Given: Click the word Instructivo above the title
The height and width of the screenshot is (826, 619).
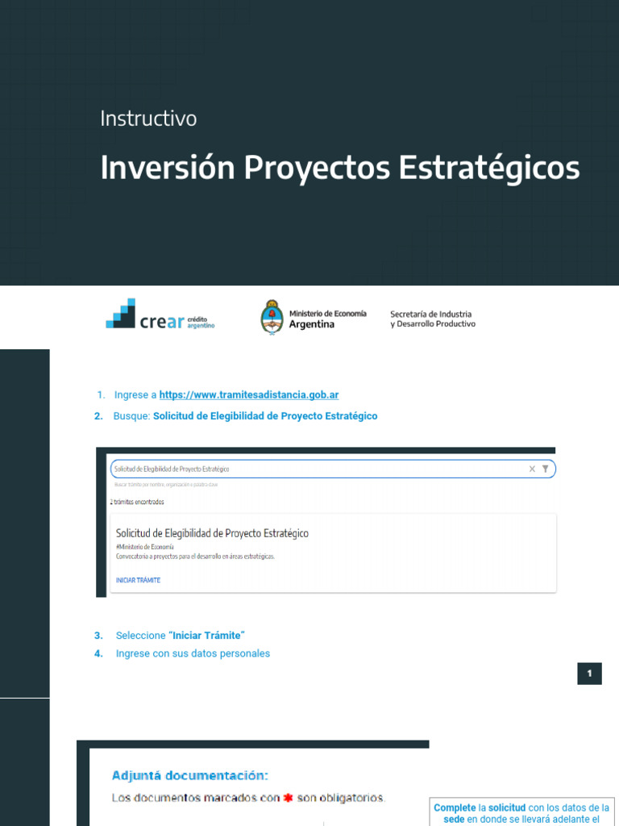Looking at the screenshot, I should (x=148, y=119).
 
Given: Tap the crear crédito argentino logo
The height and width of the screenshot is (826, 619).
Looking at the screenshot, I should (x=160, y=314).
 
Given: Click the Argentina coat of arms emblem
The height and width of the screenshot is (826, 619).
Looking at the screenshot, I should (x=272, y=316).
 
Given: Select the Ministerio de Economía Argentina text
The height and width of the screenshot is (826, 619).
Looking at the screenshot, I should (x=327, y=319).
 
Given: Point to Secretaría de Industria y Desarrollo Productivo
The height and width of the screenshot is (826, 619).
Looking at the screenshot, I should (x=432, y=319).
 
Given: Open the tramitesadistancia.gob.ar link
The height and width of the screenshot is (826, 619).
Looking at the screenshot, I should (x=248, y=394).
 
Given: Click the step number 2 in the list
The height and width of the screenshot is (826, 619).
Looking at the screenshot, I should (x=98, y=416).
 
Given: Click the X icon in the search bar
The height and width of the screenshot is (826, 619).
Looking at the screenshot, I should (x=532, y=469).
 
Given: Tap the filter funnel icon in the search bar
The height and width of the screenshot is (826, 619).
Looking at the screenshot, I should (x=546, y=469).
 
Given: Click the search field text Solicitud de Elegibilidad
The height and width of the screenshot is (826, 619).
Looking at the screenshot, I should (x=172, y=469).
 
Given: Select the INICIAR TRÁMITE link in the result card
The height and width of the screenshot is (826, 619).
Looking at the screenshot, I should (x=138, y=580).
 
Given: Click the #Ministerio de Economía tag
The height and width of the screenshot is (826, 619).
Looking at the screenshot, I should (x=145, y=547).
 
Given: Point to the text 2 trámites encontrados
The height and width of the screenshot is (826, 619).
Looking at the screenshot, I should (x=136, y=502).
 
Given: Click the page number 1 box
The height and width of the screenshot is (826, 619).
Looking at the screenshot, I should (x=589, y=674).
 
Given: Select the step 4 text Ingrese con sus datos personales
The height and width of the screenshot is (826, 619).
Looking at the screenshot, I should (x=193, y=653).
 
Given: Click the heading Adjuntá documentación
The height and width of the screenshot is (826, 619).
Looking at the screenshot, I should (x=189, y=775).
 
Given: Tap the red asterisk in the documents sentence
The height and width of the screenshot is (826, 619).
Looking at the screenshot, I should (x=287, y=799).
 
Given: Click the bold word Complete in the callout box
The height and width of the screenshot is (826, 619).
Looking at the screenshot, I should (x=455, y=807).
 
